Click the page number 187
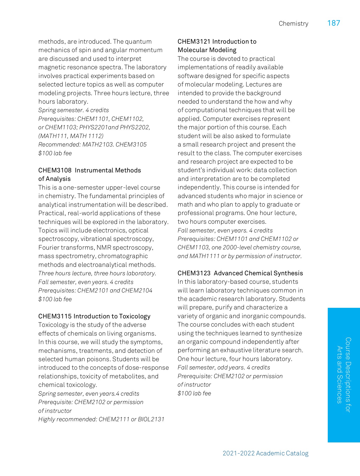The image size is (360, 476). (x=334, y=23)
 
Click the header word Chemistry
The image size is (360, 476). (x=293, y=24)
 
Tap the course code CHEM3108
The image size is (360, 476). (x=55, y=170)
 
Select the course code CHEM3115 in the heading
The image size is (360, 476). (x=55, y=316)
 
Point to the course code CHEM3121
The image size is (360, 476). (x=194, y=42)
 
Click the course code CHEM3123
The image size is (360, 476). (x=194, y=273)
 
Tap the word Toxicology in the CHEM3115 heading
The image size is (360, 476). (x=135, y=316)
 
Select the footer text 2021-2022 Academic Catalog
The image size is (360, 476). (x=265, y=453)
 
